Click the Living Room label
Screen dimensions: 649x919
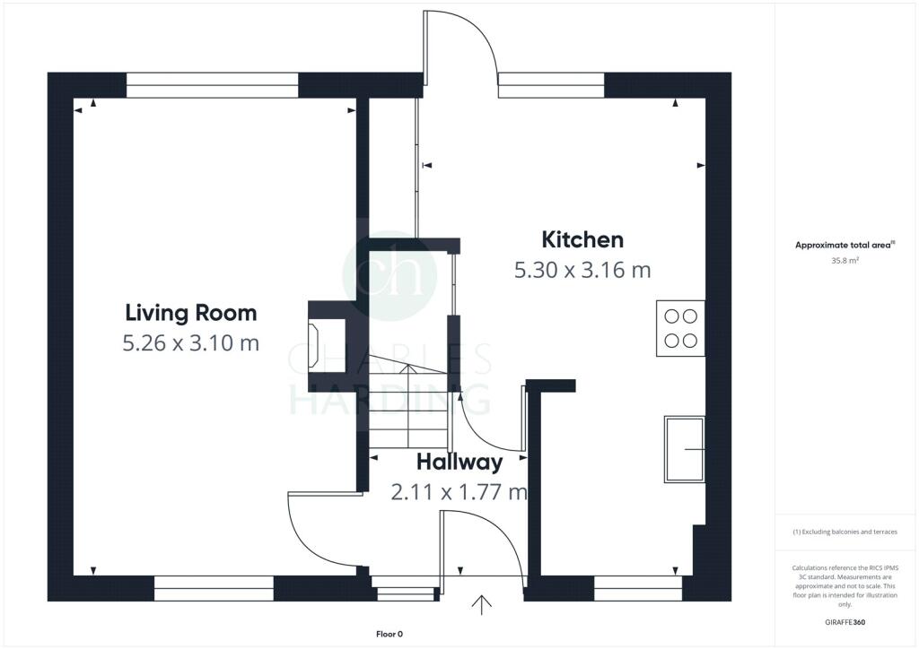click(190, 313)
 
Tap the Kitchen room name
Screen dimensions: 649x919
click(582, 239)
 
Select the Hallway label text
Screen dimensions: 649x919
click(459, 463)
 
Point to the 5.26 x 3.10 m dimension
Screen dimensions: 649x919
click(190, 342)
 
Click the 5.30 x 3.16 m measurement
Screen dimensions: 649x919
click(582, 270)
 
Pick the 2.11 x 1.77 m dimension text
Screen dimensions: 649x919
click(459, 492)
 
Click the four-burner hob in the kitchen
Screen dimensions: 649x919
click(680, 328)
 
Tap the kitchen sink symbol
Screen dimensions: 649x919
click(684, 449)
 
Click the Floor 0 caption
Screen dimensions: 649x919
click(389, 635)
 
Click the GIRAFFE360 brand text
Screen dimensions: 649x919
click(846, 622)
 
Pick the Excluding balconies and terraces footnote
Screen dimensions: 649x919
click(845, 532)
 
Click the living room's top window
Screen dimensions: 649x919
click(212, 85)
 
